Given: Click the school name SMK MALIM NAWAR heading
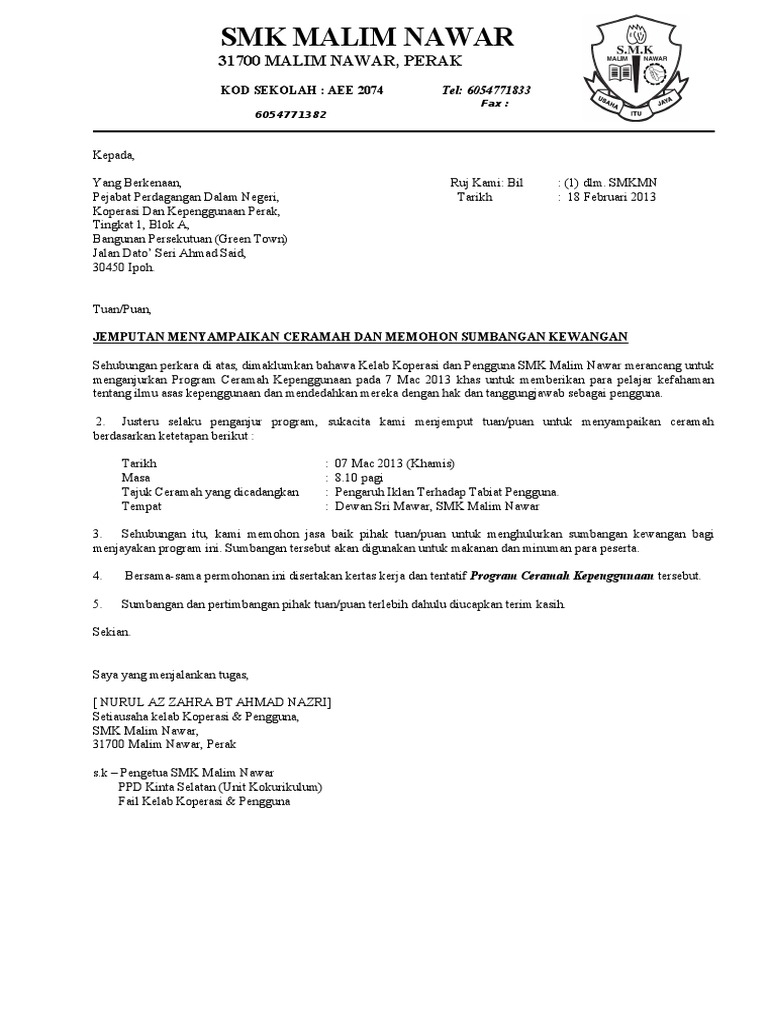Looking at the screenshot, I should tap(366, 38).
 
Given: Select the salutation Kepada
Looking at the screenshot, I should tap(112, 156).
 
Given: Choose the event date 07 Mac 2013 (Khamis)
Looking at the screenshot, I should tap(387, 464).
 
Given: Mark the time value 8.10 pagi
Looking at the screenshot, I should tap(359, 478).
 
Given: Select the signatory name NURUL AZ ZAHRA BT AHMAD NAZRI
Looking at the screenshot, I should tap(211, 702).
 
